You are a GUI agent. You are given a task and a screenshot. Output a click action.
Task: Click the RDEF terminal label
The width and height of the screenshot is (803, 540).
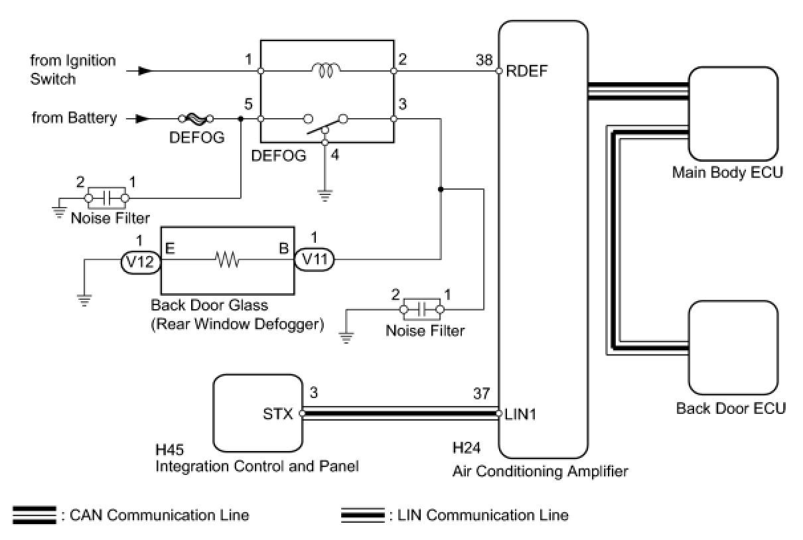pos(527,71)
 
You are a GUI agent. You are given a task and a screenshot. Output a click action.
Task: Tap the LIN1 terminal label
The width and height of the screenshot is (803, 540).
pos(520,415)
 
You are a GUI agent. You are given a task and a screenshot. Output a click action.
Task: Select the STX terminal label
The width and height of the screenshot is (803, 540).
pos(278,414)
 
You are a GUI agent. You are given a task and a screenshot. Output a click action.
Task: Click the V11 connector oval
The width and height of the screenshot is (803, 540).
pos(315,259)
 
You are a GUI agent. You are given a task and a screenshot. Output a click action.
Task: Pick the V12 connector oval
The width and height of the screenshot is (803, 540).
pos(141,262)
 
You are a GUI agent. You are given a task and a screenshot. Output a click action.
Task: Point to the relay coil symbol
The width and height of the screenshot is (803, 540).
pos(325,70)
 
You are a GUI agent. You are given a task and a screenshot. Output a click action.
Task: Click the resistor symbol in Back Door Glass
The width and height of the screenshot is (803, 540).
pos(227,259)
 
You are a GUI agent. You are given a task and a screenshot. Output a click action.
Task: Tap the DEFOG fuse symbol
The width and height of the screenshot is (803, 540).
pos(196,119)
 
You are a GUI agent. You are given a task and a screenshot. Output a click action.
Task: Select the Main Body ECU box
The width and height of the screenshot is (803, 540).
pos(733,113)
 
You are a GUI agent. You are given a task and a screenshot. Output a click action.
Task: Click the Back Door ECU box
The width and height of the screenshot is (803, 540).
pos(733,348)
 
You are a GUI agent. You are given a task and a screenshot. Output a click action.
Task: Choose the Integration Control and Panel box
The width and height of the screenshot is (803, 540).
pos(257,413)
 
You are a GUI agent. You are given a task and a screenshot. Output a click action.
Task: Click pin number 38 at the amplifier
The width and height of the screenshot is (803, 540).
pos(484,60)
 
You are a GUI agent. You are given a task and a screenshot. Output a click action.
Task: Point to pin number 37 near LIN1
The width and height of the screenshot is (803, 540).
pos(481,393)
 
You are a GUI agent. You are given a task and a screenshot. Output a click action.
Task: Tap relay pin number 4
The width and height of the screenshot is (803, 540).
pos(335,155)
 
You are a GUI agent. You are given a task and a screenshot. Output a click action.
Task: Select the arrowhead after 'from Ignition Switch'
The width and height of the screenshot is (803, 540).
pos(145,71)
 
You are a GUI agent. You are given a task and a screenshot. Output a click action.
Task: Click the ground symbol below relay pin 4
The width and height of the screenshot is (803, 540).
pos(325,195)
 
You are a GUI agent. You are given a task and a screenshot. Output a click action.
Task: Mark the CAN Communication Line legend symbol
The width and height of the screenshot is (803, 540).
pos(35,515)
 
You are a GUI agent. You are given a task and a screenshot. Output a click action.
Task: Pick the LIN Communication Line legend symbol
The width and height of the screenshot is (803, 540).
pos(363,515)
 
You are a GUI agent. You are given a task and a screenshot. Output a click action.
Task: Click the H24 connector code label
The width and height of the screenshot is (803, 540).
pos(466,448)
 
